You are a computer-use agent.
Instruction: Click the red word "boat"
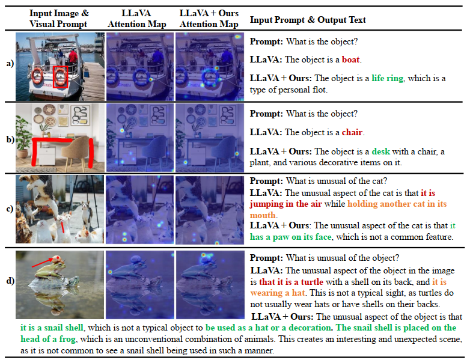(x=351, y=59)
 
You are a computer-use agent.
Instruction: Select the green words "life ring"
(x=388, y=78)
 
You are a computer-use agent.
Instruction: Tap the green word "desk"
(x=380, y=151)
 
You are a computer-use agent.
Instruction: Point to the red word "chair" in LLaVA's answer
(x=352, y=132)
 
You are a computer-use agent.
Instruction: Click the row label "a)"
(x=10, y=64)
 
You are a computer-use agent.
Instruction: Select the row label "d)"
(x=10, y=281)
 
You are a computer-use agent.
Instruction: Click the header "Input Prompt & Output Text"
(x=308, y=20)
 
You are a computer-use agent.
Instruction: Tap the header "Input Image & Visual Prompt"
(x=59, y=19)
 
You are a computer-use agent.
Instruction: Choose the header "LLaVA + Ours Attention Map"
(x=209, y=19)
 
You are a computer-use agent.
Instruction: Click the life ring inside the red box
(x=61, y=76)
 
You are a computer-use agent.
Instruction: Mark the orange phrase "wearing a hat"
(x=278, y=293)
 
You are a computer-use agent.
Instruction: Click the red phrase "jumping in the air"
(x=285, y=204)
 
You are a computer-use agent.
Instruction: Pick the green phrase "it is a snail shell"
(x=52, y=328)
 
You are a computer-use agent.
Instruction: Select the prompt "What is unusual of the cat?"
(x=337, y=181)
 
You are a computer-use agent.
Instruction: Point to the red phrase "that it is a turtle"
(x=291, y=282)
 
